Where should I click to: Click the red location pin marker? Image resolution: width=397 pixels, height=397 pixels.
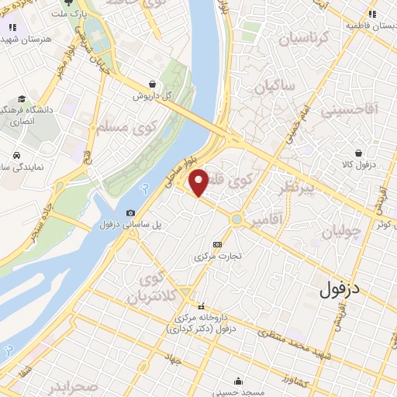[199, 181]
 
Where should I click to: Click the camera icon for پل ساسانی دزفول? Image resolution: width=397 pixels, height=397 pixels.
[130, 213]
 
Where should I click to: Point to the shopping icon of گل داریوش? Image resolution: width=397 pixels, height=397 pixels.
[152, 84]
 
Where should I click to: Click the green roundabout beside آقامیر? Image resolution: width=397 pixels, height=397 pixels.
[236, 219]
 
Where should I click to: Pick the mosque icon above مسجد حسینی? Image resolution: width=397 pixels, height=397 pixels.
[238, 381]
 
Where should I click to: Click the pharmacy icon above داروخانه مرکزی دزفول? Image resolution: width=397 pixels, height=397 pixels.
[201, 306]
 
